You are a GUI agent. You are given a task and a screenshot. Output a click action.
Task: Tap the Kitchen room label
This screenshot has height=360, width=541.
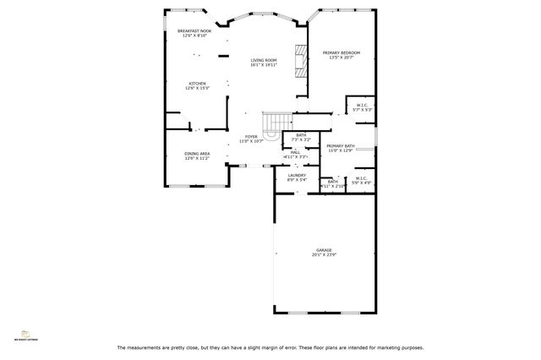197,84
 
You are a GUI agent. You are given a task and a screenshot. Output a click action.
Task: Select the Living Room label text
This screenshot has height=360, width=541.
263,60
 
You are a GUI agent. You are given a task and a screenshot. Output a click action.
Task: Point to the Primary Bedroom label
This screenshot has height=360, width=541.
341,53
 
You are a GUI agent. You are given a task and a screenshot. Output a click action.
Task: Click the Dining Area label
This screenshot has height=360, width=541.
197,154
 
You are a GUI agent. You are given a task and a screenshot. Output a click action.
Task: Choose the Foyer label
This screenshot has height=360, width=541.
251,136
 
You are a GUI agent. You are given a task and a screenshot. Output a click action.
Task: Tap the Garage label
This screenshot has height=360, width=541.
324,250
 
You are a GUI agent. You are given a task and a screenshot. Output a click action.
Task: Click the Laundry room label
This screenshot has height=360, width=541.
297,175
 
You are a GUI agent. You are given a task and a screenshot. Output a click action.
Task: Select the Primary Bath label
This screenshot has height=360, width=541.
341,146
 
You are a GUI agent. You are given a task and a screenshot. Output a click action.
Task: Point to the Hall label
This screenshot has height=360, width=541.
295,152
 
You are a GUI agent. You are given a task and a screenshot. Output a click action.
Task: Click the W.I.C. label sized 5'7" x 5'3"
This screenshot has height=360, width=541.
363,106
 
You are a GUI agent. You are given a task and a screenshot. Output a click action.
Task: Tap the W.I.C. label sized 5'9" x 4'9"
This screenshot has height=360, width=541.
361,178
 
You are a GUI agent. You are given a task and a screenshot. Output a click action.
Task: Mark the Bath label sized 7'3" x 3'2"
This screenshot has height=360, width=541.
301,134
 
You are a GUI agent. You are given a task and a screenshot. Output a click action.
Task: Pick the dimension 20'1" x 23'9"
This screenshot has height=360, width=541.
325,255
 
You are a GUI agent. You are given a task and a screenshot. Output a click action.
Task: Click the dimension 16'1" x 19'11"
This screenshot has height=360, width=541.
263,65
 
